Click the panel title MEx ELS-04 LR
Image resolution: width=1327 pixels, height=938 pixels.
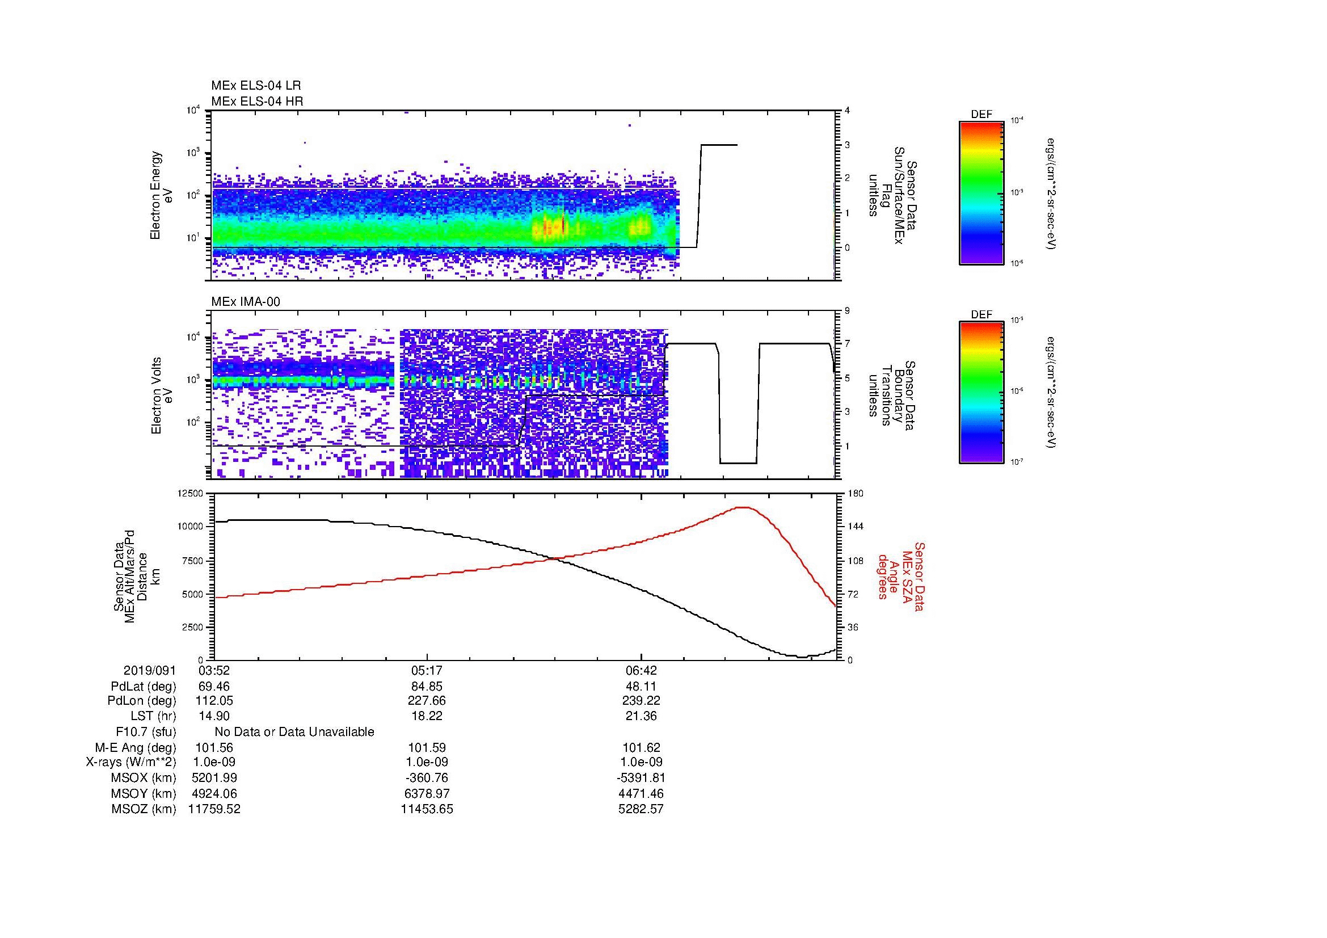255,86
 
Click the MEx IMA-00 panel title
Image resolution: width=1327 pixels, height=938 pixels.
245,302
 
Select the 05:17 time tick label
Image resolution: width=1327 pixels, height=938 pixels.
427,671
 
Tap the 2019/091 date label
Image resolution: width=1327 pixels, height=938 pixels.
149,671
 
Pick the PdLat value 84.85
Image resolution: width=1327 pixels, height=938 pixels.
427,687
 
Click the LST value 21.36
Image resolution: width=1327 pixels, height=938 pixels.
641,716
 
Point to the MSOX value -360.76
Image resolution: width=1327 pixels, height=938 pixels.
427,778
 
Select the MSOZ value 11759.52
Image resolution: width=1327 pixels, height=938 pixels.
214,809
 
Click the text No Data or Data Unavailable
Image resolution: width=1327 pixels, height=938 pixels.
294,732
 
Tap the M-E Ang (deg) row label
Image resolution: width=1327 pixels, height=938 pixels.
135,747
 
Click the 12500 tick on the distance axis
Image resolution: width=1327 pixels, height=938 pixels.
190,493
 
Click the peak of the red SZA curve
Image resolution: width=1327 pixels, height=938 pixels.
744,507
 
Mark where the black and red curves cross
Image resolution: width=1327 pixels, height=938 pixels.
555,558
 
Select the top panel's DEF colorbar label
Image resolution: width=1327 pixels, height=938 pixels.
981,115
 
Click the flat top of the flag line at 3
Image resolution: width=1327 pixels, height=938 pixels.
718,145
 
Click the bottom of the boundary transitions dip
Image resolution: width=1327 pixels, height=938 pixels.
738,463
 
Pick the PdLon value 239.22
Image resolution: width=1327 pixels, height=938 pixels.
641,701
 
